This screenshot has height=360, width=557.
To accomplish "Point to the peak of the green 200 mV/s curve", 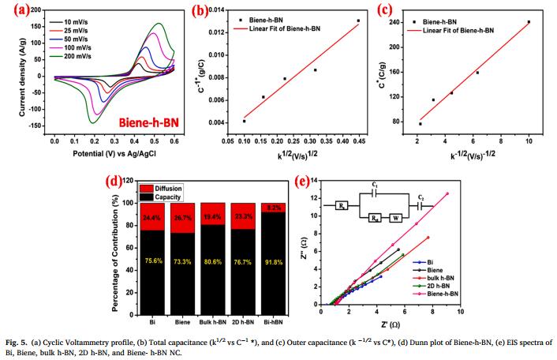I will click(x=160, y=24).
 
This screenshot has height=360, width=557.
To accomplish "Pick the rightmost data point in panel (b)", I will click(x=357, y=21).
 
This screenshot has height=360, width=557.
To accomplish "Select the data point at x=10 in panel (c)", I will click(x=529, y=22).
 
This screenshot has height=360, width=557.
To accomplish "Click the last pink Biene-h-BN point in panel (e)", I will click(x=513, y=193).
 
